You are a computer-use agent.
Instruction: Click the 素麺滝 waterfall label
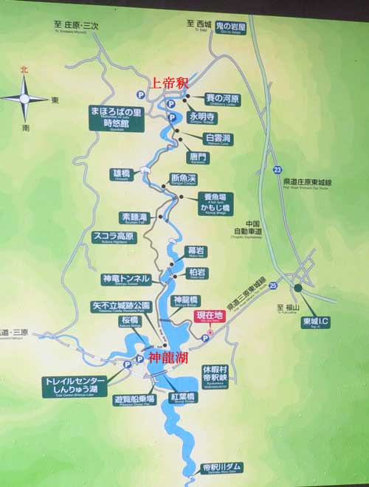(x=135, y=218)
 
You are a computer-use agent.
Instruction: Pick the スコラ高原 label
(x=114, y=238)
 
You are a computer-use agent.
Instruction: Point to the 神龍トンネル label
(x=126, y=280)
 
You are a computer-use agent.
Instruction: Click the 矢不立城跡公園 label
(x=120, y=305)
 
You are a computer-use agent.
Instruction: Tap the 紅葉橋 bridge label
(x=183, y=398)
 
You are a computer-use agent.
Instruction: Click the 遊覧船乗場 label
(x=134, y=400)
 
